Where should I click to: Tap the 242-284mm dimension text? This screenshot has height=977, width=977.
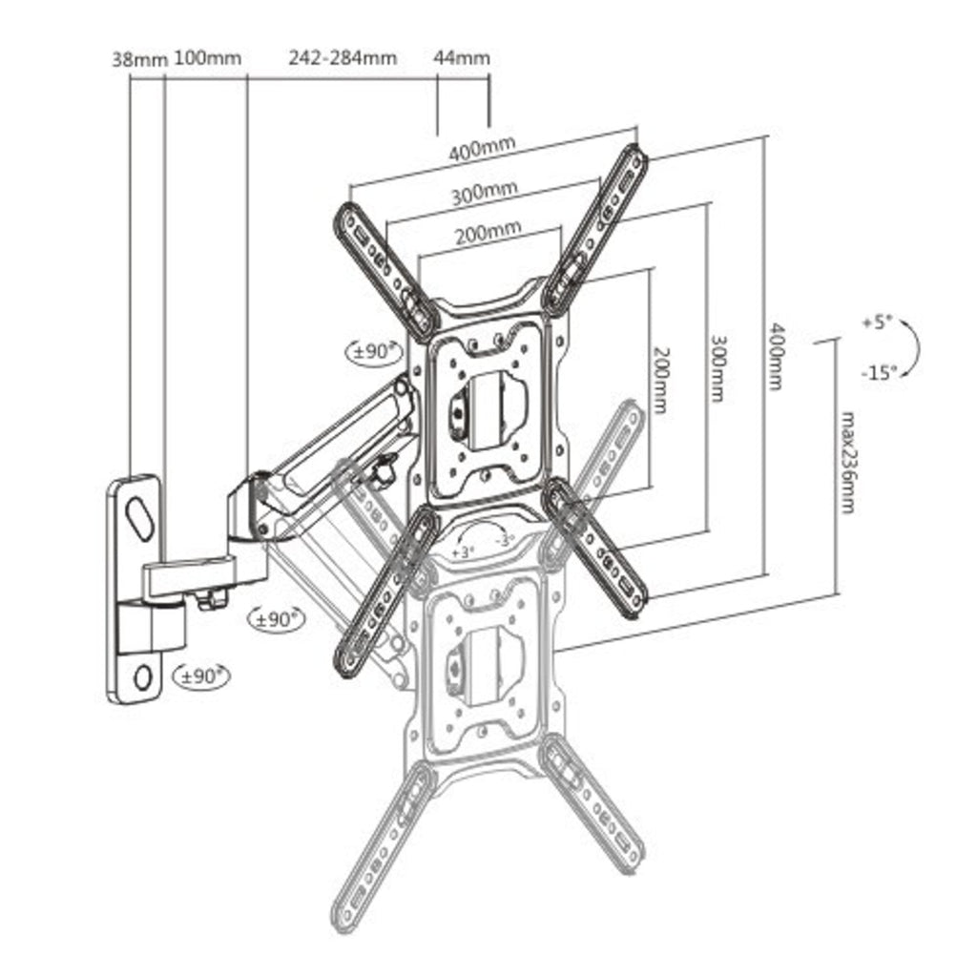pyautogui.click(x=343, y=58)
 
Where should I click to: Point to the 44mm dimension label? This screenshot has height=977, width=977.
pyautogui.click(x=462, y=58)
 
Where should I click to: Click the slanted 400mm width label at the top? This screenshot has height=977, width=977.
pyautogui.click(x=483, y=149)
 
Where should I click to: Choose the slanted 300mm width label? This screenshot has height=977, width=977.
pyautogui.click(x=485, y=193)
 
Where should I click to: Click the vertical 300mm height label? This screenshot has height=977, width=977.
pyautogui.click(x=717, y=367)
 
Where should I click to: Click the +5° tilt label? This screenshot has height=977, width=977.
pyautogui.click(x=875, y=322)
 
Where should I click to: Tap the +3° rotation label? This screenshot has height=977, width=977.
pyautogui.click(x=463, y=552)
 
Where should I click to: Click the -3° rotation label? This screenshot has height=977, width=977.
pyautogui.click(x=505, y=540)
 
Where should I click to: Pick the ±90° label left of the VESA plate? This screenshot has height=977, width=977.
pyautogui.click(x=373, y=351)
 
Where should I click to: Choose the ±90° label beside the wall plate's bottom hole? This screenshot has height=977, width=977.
pyautogui.click(x=201, y=676)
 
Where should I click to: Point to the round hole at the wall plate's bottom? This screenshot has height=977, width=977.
pyautogui.click(x=143, y=676)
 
